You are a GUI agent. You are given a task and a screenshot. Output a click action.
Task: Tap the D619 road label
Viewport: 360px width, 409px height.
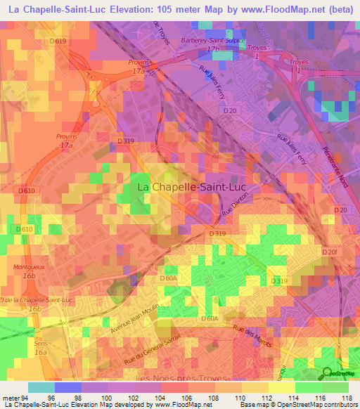click(x=59, y=41)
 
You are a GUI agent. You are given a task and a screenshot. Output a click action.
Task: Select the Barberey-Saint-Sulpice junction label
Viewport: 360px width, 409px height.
click(x=212, y=41)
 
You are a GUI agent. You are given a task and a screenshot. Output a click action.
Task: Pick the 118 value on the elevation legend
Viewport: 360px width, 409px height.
click(x=347, y=398)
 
